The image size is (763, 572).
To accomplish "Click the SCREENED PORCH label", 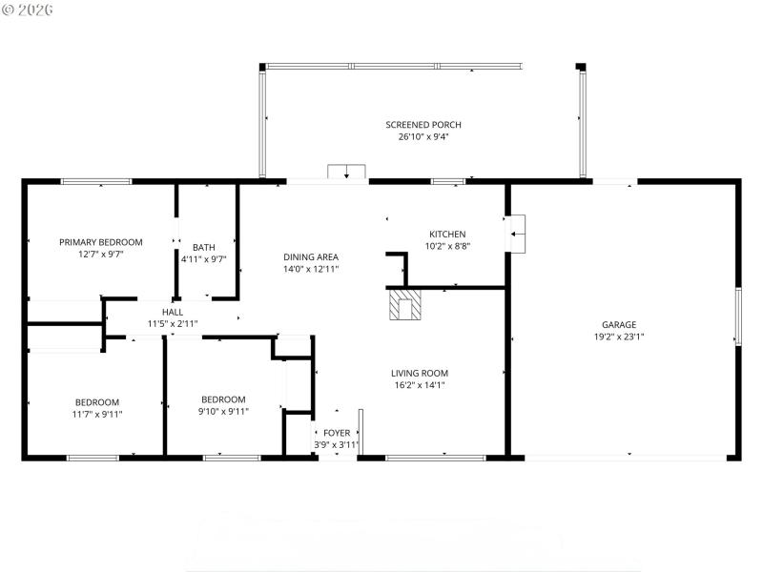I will tap(423, 125).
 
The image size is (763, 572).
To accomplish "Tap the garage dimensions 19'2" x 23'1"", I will tap(618, 336).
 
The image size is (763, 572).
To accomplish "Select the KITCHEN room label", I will tap(446, 235).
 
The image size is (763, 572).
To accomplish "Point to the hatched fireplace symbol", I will tap(404, 306).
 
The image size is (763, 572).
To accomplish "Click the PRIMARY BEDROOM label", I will tap(100, 242).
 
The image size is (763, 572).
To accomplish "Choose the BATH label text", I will tap(203, 247).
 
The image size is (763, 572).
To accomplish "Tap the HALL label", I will tap(172, 312).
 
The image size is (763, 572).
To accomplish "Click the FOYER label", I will tap(336, 433).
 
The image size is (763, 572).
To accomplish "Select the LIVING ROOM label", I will tap(419, 373).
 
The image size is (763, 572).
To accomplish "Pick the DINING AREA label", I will tap(310, 256).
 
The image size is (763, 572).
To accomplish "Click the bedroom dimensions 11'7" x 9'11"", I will tap(97, 414).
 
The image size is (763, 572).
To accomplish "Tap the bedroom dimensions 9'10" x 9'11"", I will tap(222, 411).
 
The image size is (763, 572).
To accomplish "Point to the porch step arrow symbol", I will tap(346, 173).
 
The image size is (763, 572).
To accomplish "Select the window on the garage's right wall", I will tap(736, 317).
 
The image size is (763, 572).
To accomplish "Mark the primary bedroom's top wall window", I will tap(96, 181).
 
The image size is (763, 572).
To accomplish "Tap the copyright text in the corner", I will tap(28, 9).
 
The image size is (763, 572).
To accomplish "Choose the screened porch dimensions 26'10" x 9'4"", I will tap(423, 136).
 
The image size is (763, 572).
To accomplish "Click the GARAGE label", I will tap(618, 324).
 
